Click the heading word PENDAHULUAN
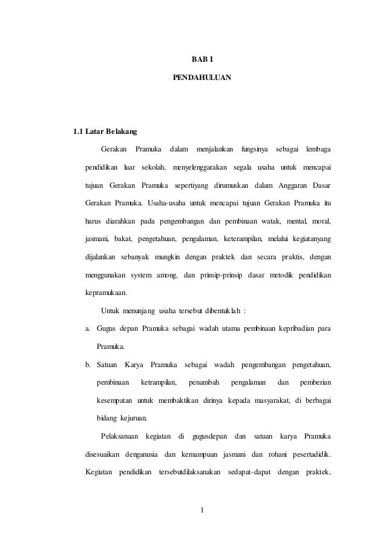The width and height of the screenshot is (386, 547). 201,78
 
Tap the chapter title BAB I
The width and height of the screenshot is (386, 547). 201,59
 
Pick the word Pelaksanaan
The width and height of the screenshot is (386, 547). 120,436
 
